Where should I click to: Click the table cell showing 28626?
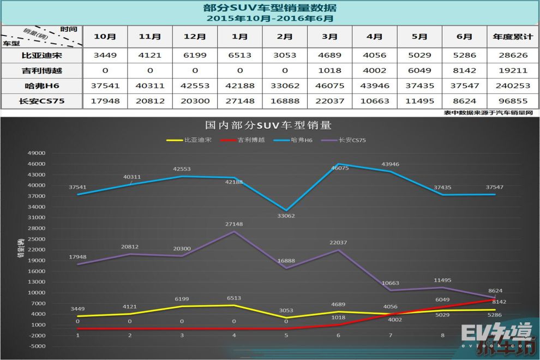click(x=512, y=55)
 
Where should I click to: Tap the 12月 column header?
click(x=194, y=37)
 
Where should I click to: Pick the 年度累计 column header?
click(x=512, y=37)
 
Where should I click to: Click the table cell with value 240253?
click(x=512, y=86)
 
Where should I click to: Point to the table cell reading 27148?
click(x=239, y=101)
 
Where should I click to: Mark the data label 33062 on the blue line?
click(x=287, y=216)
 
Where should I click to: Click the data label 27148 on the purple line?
click(x=234, y=224)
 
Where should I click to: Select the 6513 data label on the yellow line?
click(x=234, y=298)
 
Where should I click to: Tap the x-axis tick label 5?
click(x=286, y=335)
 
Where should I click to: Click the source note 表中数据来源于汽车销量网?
click(x=488, y=112)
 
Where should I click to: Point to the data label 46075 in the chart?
click(x=338, y=168)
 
